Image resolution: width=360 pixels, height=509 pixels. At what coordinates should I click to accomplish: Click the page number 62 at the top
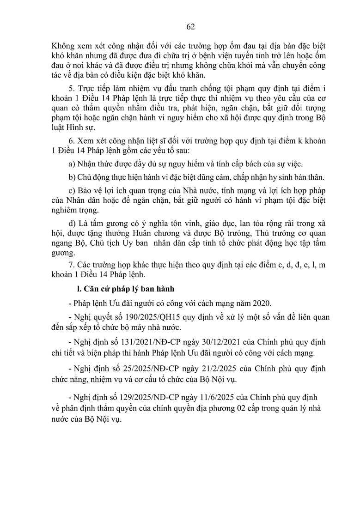click(x=190, y=26)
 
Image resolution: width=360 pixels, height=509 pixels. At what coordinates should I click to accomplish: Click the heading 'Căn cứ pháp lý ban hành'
click(x=113, y=290)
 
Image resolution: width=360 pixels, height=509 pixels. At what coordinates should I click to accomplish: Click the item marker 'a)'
click(x=72, y=164)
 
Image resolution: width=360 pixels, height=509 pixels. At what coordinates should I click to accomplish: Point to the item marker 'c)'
click(x=72, y=192)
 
